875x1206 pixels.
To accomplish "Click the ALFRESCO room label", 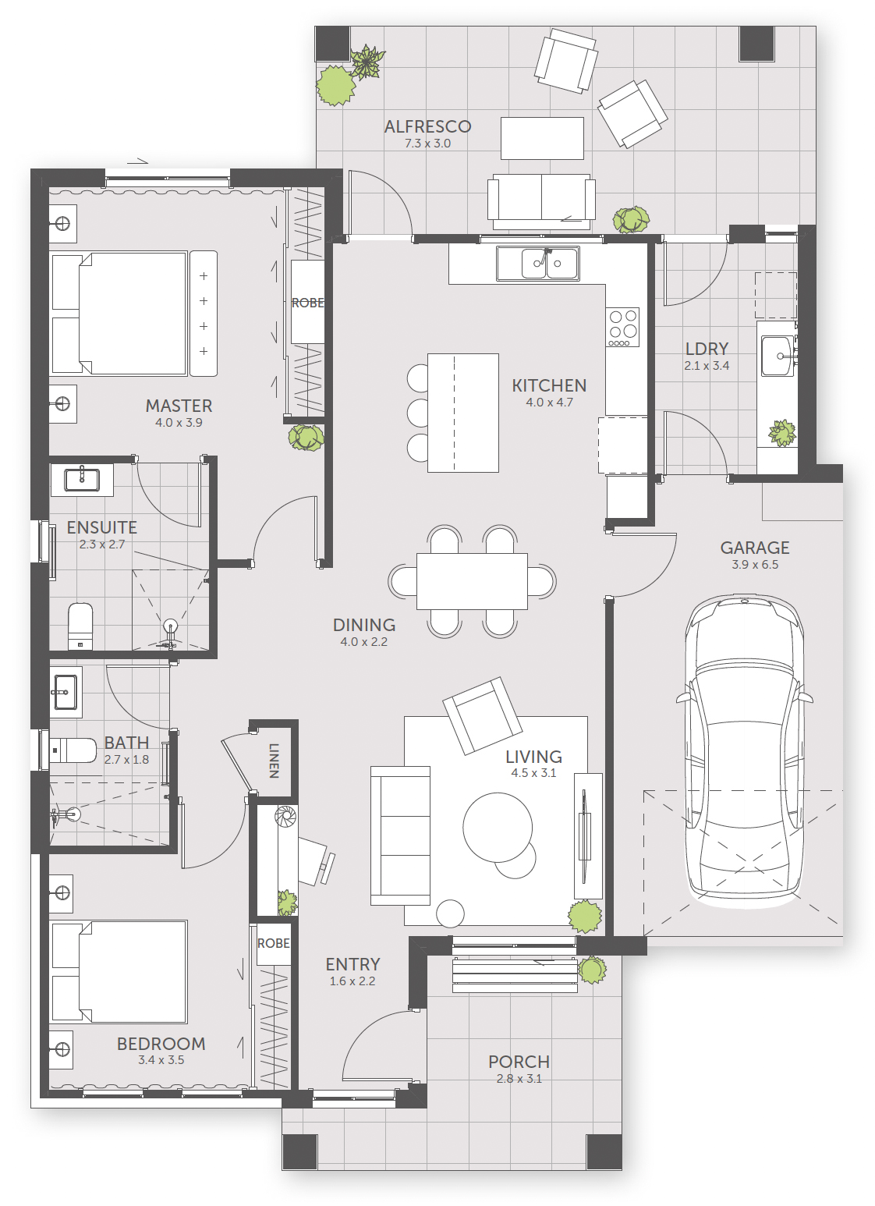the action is point(428,126).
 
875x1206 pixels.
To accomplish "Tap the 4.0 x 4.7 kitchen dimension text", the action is point(550,403).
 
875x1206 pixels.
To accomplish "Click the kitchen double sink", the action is point(537,263).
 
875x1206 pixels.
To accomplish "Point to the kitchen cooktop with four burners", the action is point(623,328).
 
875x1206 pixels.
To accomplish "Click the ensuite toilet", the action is point(81,626).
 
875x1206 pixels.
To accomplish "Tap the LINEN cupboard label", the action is point(274,761).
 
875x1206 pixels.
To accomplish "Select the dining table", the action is point(472,581).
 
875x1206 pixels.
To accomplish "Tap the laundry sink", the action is point(778,356).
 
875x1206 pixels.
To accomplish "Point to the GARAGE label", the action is point(754,548).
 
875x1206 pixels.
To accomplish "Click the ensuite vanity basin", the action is point(82,480).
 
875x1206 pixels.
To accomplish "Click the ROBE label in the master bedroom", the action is point(308,303).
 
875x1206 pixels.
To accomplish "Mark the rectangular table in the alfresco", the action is point(543,138).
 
